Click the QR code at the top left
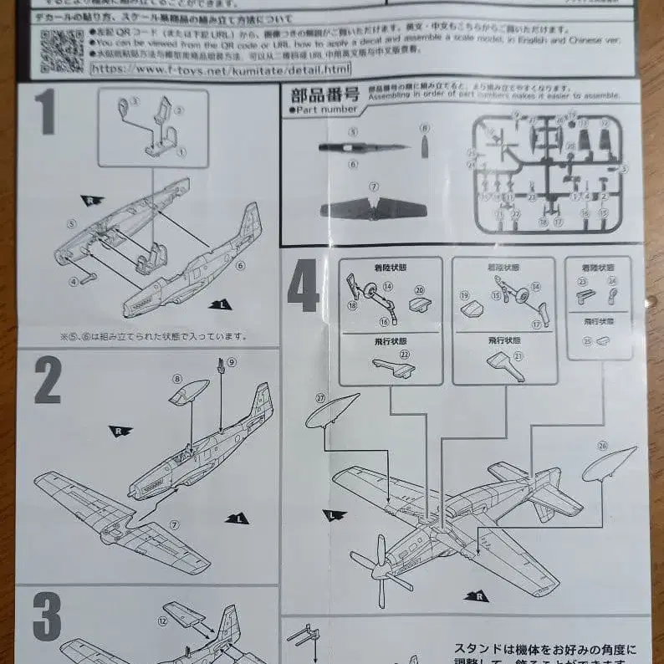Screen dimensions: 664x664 click(x=61, y=50)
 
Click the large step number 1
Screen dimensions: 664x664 click(x=45, y=113)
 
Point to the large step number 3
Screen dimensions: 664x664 click(x=47, y=620)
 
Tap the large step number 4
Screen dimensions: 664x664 click(x=303, y=284)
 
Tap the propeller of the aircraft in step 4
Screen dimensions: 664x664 click(x=380, y=572)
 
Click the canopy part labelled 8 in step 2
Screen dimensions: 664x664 click(x=189, y=392)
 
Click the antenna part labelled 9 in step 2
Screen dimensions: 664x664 click(x=222, y=366)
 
